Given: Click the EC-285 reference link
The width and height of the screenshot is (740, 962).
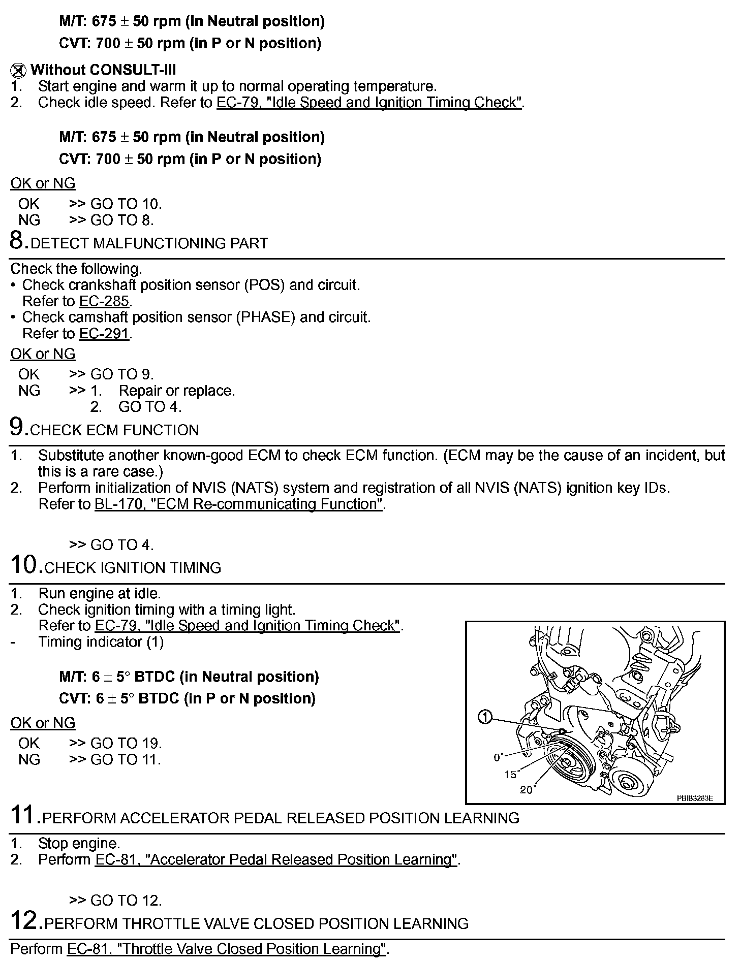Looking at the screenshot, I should pos(104,301).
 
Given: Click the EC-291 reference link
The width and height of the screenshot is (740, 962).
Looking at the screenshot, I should pos(104,334).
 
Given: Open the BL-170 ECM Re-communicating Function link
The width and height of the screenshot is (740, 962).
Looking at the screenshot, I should pos(238,504).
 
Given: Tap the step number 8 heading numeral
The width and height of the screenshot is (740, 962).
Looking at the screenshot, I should pos(18,241).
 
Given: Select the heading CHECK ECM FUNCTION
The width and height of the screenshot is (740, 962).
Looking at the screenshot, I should pos(114,430).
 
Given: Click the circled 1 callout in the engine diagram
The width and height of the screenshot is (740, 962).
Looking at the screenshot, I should pos(485,717).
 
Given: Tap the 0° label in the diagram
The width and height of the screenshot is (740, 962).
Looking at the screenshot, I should pos(498,757).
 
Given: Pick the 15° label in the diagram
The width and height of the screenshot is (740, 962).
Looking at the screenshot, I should pos(510,775).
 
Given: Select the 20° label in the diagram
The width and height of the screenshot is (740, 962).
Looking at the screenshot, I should pos(527,790).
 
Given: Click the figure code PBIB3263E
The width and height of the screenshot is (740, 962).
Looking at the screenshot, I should pos(694,798).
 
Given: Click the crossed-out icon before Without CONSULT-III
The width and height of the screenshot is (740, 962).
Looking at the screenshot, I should pos(18,70).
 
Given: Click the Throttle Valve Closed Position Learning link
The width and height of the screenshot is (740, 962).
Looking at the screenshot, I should pos(227,949).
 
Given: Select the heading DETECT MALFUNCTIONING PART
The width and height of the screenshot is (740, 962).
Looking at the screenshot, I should pos(149,243).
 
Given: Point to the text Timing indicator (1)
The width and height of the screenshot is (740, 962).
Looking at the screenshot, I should pos(101,642).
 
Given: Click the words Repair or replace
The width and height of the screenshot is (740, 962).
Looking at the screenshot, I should pos(176,391).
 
